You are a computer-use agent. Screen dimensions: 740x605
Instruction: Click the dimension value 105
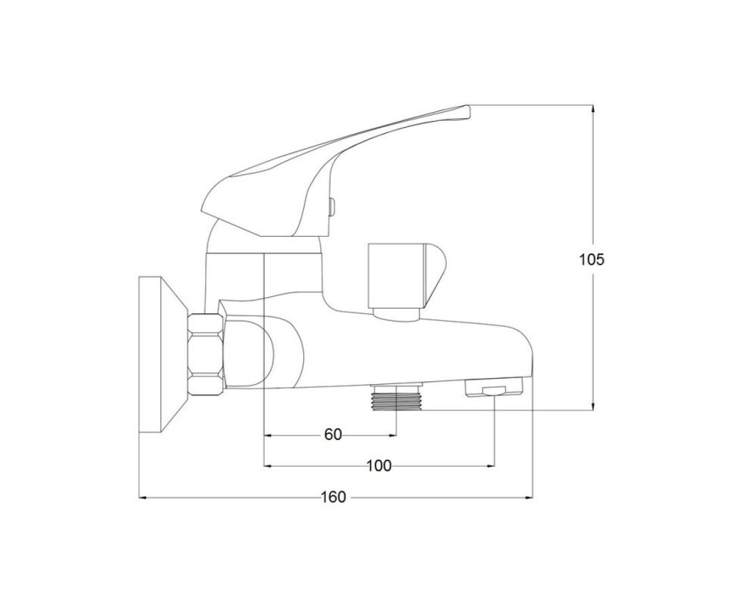click(x=592, y=259)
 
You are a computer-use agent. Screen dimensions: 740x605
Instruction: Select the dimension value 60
click(x=333, y=435)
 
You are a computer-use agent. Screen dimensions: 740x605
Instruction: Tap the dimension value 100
click(x=379, y=466)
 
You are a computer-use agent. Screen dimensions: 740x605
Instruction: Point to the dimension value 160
click(x=334, y=497)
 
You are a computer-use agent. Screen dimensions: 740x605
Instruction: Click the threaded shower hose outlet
click(x=396, y=397)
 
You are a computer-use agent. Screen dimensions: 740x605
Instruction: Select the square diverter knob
click(x=406, y=275)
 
